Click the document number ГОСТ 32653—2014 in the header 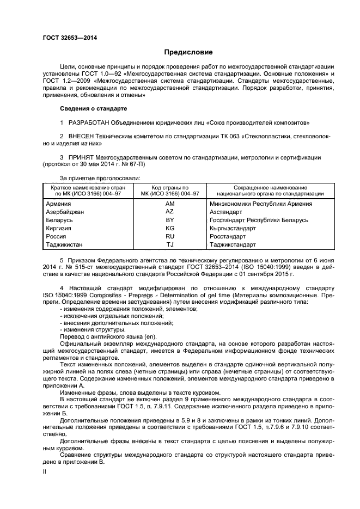[71, 37]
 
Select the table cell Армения [60, 204]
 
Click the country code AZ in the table [169, 211]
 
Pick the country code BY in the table [169, 220]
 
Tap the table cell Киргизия [61, 228]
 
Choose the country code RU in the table [169, 237]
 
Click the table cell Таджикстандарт [233, 245]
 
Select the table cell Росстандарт [228, 237]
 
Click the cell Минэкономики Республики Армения [260, 204]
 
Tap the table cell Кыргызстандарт [233, 228]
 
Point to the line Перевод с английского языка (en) [100, 337]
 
